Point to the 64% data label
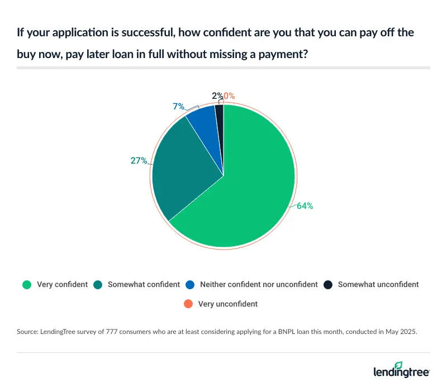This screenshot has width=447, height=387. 305,206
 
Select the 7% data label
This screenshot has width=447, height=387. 178,106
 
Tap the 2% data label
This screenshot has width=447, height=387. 216,95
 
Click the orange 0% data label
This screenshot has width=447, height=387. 229,95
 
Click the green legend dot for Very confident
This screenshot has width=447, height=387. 27,284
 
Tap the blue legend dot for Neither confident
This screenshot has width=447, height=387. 190,284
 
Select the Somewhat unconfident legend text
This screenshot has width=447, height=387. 378,284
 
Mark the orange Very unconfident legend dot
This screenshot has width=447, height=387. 188,304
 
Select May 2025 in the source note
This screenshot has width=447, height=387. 401,332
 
